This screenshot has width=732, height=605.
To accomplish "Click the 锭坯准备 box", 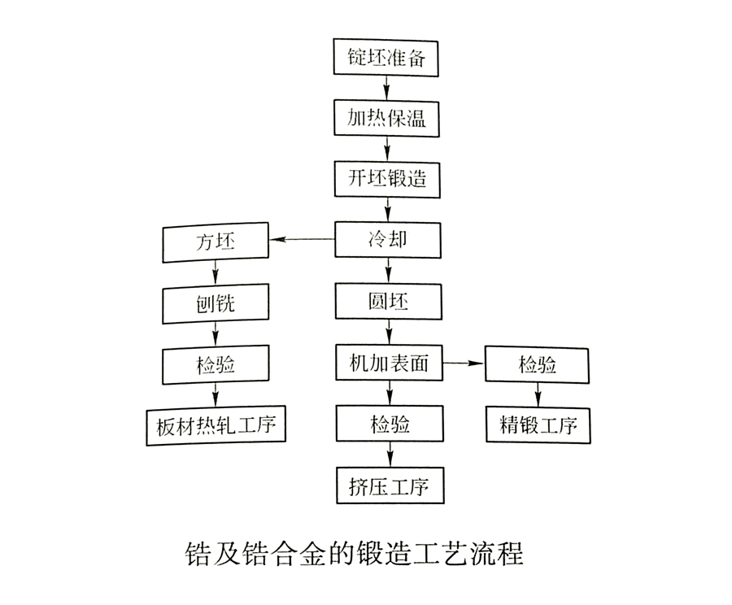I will pos(388,58).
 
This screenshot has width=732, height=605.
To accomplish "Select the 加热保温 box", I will pos(388,119).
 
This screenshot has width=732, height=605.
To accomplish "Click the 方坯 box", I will pos(216,242).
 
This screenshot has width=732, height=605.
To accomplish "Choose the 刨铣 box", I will pos(216,303).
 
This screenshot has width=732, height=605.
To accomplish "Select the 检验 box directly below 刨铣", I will pos(216,364).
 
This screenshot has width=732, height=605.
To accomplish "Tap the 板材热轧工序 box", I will pos(216,425).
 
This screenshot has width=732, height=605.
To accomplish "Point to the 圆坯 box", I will pos(388,302).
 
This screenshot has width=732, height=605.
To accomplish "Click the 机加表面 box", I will pos(388,363).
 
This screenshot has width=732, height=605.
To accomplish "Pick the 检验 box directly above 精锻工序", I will pos(538,363).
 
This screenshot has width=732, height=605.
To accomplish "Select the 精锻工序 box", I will pos(538,424).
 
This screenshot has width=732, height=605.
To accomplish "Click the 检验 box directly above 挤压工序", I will pos(388,424).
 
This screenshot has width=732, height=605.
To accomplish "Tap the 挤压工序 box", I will pos(388,485).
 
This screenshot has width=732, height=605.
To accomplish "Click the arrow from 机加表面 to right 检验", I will pos(463,363).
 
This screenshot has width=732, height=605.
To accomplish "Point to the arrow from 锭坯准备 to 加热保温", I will pos(388,89).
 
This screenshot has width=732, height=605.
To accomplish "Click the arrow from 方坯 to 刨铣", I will pos(216,273).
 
